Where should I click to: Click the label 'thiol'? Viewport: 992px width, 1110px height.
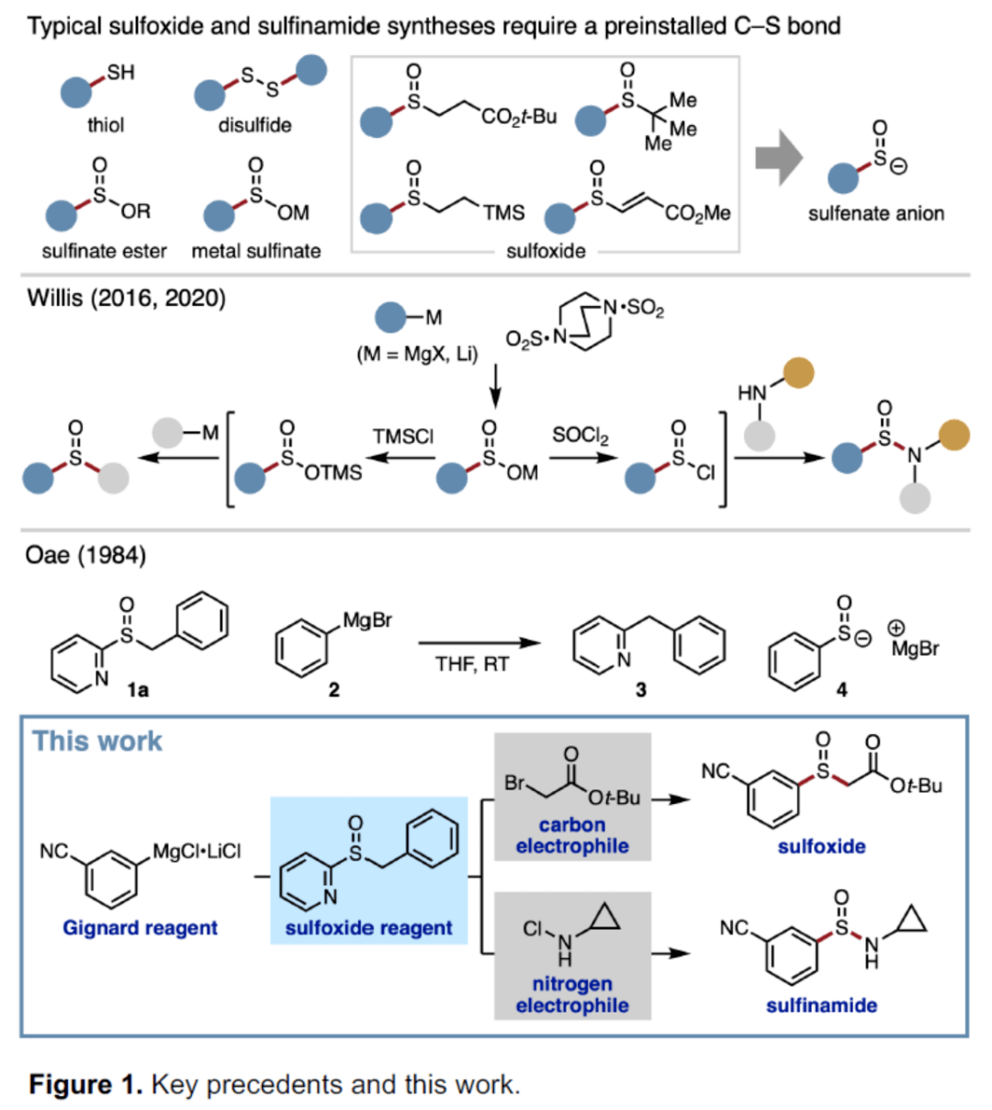(106, 125)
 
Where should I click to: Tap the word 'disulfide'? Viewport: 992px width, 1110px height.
(254, 125)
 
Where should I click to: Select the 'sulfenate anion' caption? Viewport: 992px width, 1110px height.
(876, 213)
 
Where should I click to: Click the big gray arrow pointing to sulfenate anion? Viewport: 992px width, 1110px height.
(779, 158)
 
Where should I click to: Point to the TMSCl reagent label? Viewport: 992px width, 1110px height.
(403, 436)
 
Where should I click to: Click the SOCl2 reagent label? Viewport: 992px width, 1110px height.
(581, 436)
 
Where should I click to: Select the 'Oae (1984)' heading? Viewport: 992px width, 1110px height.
(86, 556)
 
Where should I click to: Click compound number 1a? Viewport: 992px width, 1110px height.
(138, 690)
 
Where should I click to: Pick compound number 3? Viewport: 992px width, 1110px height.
(641, 689)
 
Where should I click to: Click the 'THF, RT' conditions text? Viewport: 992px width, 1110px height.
(472, 664)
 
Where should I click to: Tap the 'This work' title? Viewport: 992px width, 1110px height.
(97, 742)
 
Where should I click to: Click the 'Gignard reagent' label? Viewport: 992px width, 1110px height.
(141, 927)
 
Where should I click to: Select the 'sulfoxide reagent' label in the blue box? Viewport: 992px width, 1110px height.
(368, 927)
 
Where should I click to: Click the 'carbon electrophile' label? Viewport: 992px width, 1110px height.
(572, 835)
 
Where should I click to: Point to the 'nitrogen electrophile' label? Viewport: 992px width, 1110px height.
(572, 994)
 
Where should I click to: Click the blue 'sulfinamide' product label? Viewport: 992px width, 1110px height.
(822, 1005)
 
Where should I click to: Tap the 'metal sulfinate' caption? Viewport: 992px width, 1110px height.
(255, 251)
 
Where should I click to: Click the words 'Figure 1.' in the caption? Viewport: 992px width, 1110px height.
(86, 1084)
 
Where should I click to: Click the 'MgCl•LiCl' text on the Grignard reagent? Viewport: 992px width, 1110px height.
(197, 851)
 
